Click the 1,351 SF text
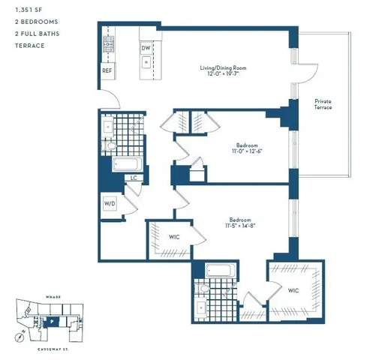(x=29, y=10)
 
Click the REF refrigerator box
(x=107, y=72)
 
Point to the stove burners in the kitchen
(x=107, y=40)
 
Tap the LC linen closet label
(x=134, y=178)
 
